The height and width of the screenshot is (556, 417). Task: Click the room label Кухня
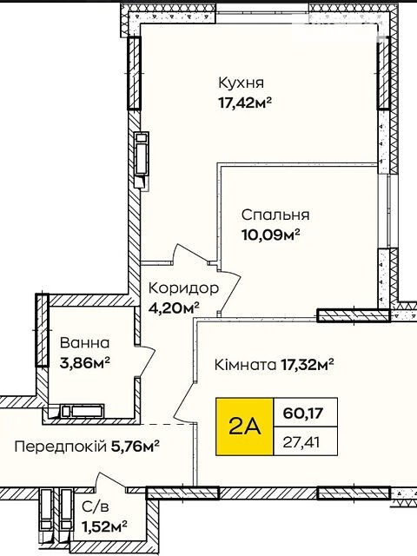tap(242, 83)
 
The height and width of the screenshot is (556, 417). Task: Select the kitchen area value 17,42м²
tap(245, 103)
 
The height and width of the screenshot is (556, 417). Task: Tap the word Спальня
tap(275, 215)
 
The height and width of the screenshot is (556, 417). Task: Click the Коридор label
tap(183, 288)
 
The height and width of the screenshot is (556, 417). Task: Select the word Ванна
tap(85, 343)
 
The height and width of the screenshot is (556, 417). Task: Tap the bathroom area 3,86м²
tap(85, 363)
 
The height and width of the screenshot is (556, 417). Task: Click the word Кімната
tap(245, 365)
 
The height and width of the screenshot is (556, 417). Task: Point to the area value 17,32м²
tap(308, 364)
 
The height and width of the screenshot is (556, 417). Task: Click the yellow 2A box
tap(245, 427)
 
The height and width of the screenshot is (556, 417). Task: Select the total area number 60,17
tap(303, 414)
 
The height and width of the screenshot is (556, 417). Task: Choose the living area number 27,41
tap(301, 442)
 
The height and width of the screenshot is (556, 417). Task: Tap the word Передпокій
tap(61, 447)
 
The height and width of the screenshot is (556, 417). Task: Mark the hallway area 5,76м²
tap(136, 446)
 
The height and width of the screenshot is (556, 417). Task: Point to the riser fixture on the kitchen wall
tap(142, 158)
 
